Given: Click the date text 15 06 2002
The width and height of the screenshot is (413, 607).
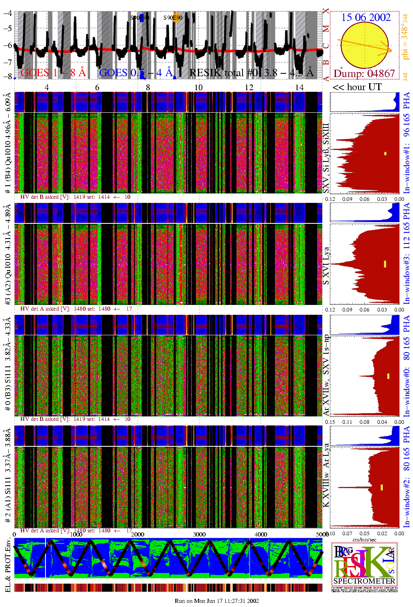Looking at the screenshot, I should click(366, 17).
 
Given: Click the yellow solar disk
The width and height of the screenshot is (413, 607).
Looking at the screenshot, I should click(364, 45).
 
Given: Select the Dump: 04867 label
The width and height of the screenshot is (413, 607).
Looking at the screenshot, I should click(364, 74).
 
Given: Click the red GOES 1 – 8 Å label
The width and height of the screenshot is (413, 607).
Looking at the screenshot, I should click(53, 73).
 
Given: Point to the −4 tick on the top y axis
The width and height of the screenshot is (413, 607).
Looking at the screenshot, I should click(7, 13).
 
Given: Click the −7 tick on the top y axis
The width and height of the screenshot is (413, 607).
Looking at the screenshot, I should click(7, 62).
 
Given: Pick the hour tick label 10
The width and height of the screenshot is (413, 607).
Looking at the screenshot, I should click(198, 87).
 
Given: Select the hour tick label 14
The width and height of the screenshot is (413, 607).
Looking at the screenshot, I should click(300, 87).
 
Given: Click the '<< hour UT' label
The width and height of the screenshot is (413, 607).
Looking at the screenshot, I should click(357, 87).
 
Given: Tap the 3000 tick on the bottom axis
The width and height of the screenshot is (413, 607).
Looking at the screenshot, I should click(199, 534).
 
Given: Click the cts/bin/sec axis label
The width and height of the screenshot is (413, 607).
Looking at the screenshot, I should click(364, 539).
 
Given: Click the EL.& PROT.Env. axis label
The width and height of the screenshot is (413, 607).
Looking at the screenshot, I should click(8, 566).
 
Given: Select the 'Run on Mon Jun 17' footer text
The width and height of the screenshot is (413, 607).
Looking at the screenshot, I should click(217, 601).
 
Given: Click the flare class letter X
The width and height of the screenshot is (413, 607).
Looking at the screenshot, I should click(326, 11).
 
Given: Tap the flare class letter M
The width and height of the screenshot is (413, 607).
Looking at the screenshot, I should click(326, 29).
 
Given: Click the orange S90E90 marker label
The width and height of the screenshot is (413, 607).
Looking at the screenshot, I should click(173, 18).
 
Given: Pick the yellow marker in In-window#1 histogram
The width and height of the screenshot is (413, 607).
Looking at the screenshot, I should click(385, 154).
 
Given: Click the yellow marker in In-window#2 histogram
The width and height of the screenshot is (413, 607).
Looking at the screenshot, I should click(381, 487).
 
